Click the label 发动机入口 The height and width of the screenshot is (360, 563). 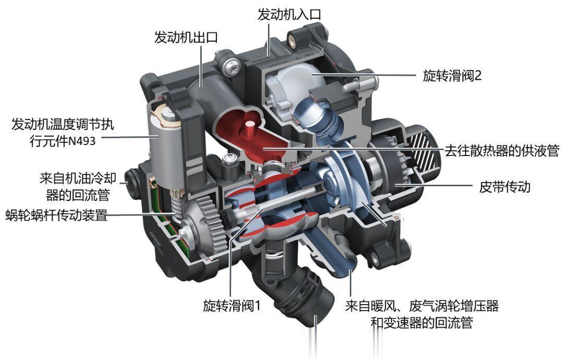(289, 15)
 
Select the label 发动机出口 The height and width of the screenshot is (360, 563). (186, 37)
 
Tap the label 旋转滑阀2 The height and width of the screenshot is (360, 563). (452, 76)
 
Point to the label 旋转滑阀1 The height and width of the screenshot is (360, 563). (231, 305)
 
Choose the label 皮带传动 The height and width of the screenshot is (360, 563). (505, 186)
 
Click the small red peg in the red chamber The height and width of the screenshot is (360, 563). (248, 130)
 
